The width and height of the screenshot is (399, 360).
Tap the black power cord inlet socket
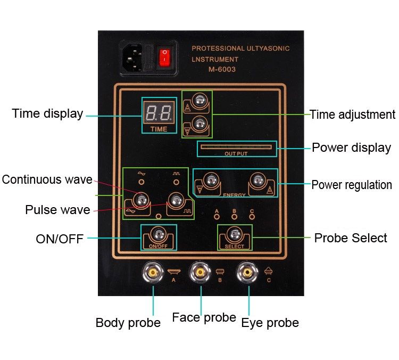pos(134,56)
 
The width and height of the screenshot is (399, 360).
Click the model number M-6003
pos(221,69)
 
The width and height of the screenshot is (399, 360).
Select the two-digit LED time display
pos(157,112)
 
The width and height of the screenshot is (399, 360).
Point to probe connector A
pos(153,272)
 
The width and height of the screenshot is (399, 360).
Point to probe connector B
pos(200,272)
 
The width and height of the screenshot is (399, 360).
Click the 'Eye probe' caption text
pos(270,323)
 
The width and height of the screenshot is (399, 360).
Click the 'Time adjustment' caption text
pos(353,114)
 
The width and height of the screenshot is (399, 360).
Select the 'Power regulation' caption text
pos(352,185)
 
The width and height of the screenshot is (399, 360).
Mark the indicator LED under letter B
pos(234,217)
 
